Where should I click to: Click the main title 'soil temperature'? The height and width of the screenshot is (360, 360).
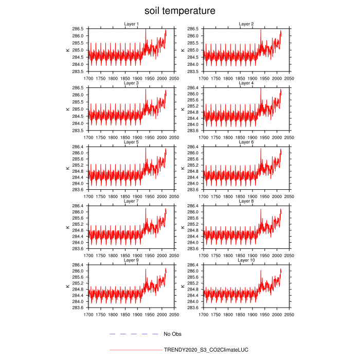tap(179, 11)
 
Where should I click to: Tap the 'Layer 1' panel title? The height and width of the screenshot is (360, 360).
tap(131, 24)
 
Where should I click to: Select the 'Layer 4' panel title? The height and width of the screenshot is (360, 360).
tap(246, 83)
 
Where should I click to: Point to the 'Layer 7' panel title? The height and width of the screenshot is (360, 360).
tap(131, 201)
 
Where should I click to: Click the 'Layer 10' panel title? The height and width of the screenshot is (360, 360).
tap(246, 260)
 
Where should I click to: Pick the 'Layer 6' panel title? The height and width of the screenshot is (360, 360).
tap(246, 142)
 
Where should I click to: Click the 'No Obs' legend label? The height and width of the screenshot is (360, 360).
tap(172, 334)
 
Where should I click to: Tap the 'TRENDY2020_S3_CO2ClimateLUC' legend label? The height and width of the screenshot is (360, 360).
tap(206, 350)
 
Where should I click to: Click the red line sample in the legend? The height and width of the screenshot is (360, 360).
tap(135, 350)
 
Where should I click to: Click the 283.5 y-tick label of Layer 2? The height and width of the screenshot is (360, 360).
tap(192, 71)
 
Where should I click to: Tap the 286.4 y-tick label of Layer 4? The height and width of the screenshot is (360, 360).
tap(192, 88)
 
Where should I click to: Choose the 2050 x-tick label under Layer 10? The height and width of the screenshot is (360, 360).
tap(290, 314)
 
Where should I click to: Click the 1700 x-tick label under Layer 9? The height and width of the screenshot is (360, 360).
tap(88, 314)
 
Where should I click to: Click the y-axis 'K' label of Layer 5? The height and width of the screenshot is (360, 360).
tap(67, 168)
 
